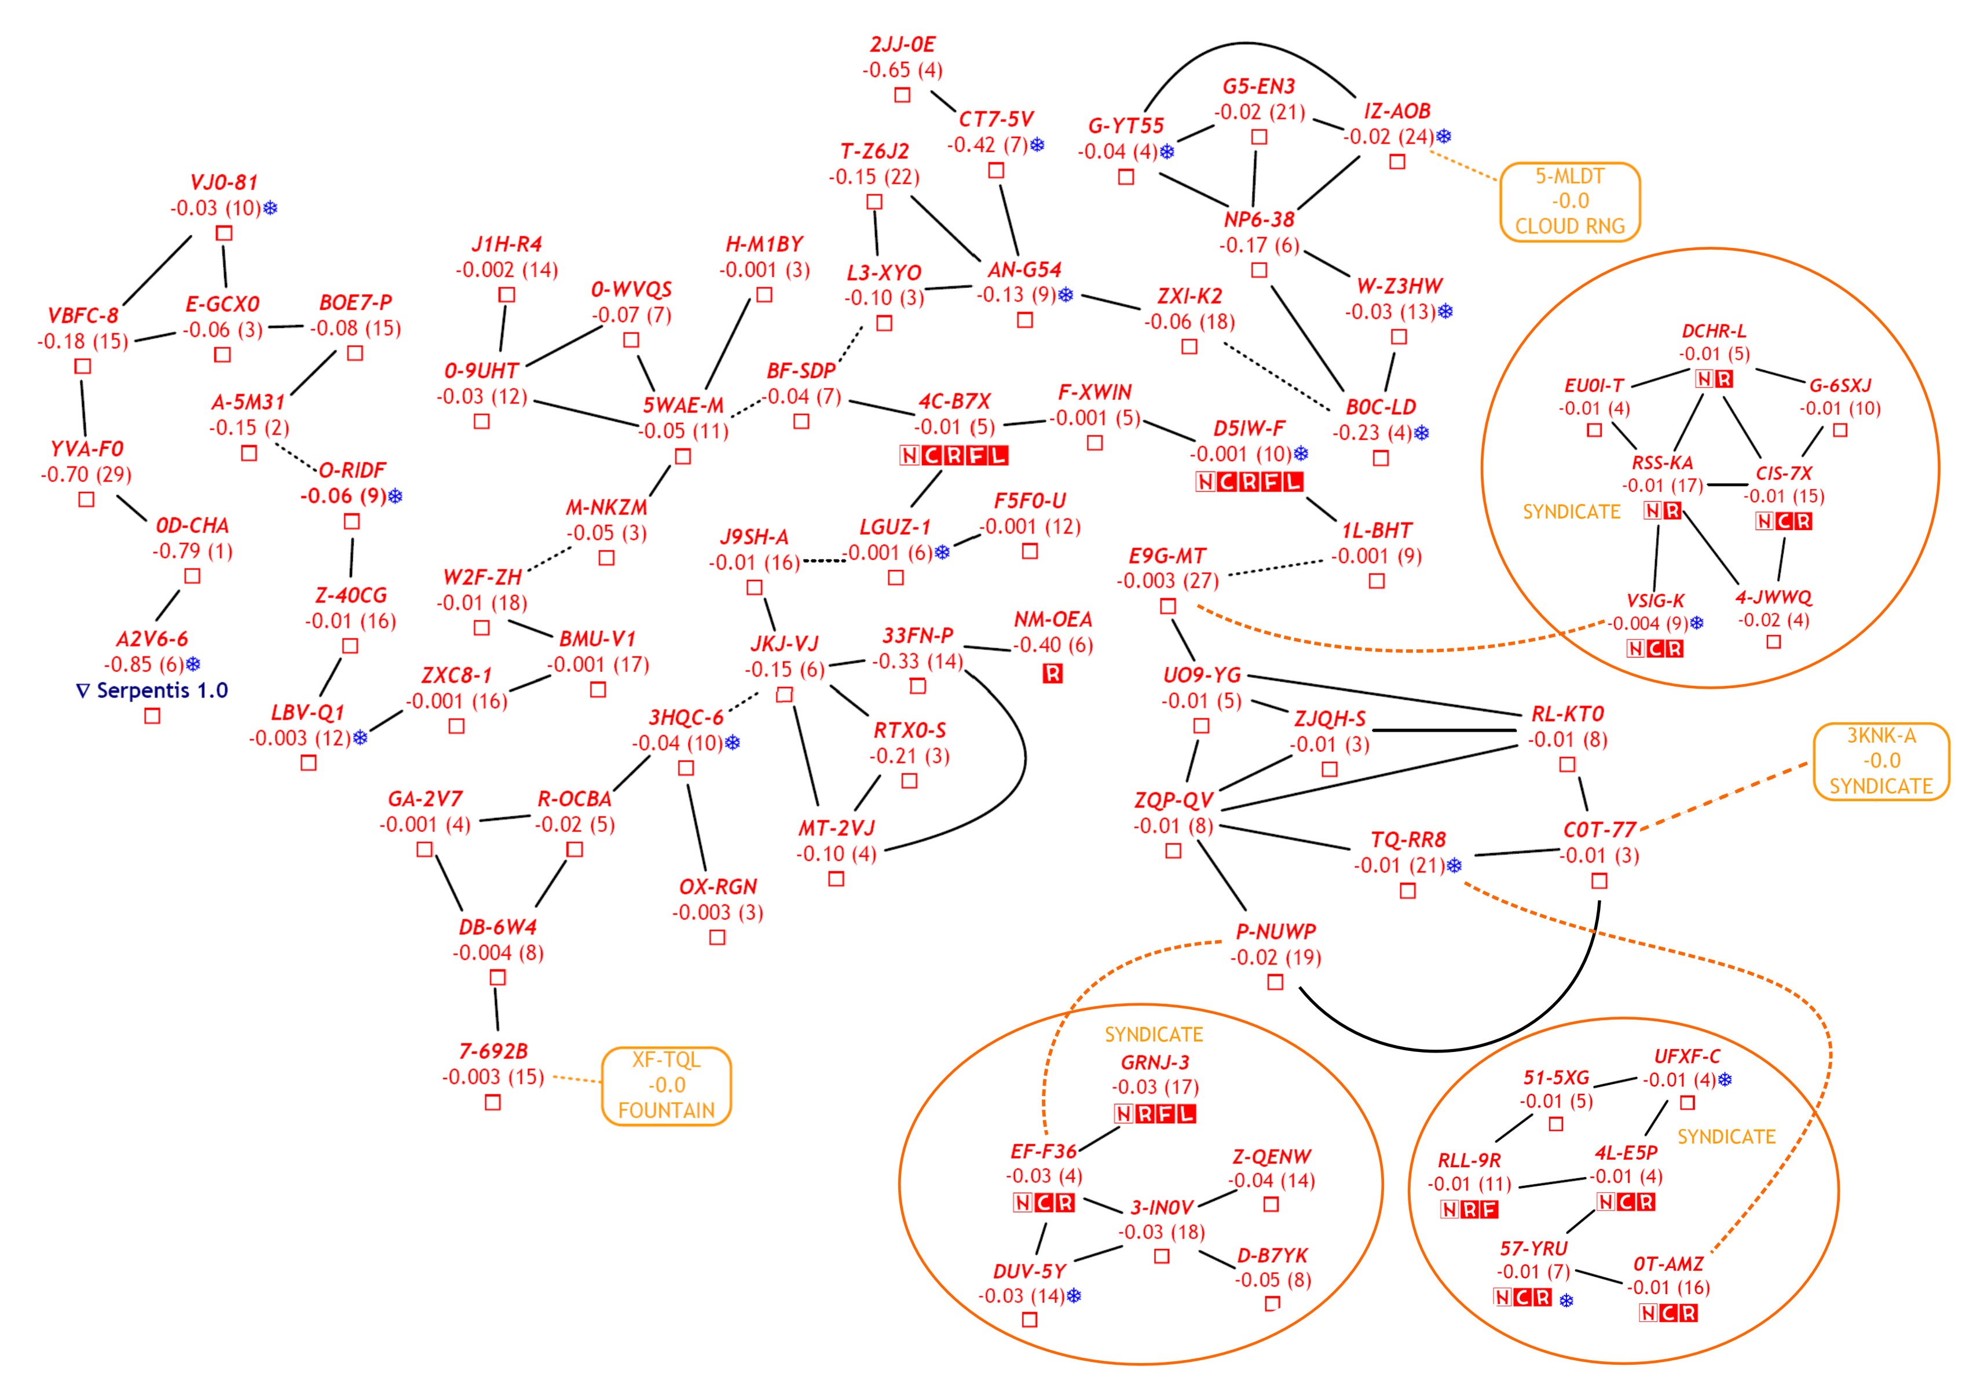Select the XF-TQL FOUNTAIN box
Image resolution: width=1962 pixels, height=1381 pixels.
coord(667,1086)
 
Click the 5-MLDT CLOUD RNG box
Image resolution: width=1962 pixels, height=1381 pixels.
coord(1570,202)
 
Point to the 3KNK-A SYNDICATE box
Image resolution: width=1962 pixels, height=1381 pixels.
coord(1881,761)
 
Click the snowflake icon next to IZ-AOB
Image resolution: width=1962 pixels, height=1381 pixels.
coord(1444,136)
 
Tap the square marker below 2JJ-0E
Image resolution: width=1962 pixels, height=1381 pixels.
coord(902,95)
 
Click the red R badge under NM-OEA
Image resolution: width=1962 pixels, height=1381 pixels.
coord(1053,674)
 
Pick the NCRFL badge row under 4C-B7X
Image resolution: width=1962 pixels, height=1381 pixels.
coord(954,455)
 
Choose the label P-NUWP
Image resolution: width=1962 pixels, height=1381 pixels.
coord(1276,931)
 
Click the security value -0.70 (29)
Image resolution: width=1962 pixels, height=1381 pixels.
coord(86,474)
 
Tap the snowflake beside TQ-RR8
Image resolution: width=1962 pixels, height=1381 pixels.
coord(1454,865)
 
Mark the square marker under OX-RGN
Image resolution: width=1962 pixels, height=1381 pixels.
coord(718,937)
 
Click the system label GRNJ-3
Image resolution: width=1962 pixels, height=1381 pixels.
coord(1155,1062)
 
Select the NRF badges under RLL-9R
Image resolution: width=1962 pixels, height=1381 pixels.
coord(1469,1209)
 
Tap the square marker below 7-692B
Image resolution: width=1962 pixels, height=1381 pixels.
coord(493,1102)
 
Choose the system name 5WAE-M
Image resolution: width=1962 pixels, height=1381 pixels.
coord(683,405)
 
